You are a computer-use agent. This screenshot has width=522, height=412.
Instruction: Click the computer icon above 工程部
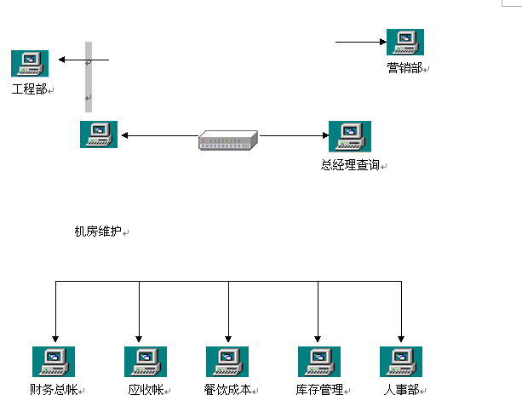pos(30,63)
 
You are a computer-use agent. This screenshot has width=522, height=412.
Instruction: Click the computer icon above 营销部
pos(405,42)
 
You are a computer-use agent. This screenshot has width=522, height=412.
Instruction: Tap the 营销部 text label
pos(404,68)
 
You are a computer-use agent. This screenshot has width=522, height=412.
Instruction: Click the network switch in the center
pos(227,140)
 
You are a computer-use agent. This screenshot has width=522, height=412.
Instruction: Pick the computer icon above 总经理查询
pos(349,135)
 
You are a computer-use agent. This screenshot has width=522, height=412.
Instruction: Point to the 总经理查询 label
pos(350,165)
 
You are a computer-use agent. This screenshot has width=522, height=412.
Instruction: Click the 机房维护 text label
pos(98,231)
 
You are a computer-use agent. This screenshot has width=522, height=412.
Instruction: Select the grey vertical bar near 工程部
pos(88,77)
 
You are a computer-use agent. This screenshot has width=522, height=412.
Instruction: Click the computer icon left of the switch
pos(99,134)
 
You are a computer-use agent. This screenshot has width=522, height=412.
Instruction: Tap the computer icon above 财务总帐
pos(53,362)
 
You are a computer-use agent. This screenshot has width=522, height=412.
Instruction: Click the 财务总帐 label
pos(53,390)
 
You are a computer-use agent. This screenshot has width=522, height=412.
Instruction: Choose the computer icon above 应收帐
pos(145,362)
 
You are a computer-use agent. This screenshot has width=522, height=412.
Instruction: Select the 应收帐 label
pos(145,390)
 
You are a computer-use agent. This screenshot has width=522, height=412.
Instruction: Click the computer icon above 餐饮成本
pos(227,362)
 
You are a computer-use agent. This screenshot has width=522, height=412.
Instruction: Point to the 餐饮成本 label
pos(227,390)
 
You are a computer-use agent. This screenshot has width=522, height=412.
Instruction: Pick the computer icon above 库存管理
pos(318,362)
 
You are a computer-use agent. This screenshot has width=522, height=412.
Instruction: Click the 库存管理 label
pos(319,390)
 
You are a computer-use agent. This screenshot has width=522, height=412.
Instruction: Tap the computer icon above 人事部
pos(400,362)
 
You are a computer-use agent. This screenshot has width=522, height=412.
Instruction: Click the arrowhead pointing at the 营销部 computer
pos(381,41)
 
